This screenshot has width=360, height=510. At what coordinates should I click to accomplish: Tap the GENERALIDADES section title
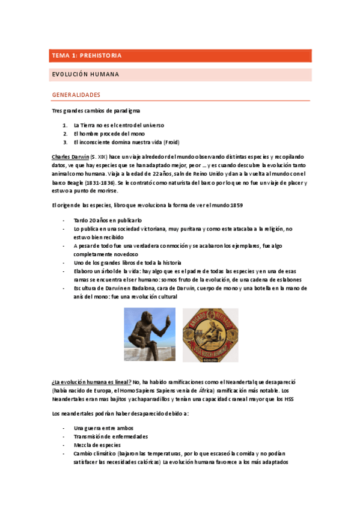pos(76,95)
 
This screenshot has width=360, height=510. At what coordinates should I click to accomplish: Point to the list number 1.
pos(65,125)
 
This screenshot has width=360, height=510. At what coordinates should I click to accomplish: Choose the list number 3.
pos(65,142)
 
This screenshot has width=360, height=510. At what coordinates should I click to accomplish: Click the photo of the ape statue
pos(149,334)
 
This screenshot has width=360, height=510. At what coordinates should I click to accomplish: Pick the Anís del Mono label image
pos(210,335)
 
